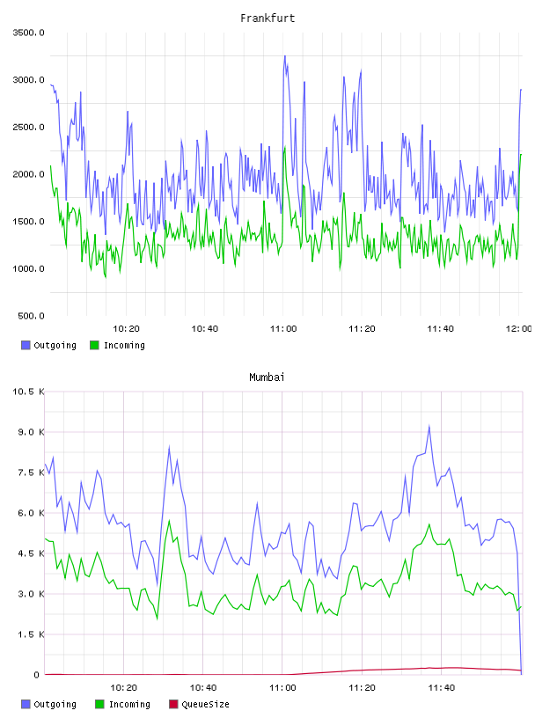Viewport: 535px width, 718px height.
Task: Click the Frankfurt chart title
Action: [x=267, y=18]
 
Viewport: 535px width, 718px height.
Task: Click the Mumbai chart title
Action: [x=267, y=377]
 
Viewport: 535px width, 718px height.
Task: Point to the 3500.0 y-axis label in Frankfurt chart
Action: [x=28, y=33]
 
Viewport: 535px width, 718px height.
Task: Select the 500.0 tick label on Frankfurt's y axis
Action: [x=31, y=316]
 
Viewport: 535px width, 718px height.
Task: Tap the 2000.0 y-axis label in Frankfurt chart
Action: [x=28, y=174]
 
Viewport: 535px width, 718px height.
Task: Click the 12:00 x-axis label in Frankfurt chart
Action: [x=518, y=329]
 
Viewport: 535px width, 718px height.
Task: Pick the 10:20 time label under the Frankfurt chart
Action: [x=126, y=329]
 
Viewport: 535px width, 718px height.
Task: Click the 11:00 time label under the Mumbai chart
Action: [x=282, y=688]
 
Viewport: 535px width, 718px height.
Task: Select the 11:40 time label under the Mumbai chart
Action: [x=441, y=688]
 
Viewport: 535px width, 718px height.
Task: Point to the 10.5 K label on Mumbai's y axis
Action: [x=28, y=392]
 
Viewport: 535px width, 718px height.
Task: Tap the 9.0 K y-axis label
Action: [x=31, y=432]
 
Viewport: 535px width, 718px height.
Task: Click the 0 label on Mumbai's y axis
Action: [x=37, y=675]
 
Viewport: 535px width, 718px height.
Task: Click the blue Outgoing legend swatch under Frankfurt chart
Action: [x=26, y=345]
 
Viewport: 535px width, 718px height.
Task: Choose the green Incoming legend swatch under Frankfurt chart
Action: [x=94, y=345]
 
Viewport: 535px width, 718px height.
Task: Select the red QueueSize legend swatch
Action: [x=173, y=704]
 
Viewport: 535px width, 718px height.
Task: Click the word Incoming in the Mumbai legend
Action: [x=129, y=705]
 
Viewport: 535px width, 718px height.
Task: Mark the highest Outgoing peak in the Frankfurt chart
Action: [x=285, y=56]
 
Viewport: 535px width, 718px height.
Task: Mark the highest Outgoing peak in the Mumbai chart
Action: [x=429, y=426]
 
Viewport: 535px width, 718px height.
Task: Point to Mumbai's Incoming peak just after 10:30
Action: [x=170, y=521]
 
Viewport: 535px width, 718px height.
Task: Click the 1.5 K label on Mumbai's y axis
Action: [x=31, y=634]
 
